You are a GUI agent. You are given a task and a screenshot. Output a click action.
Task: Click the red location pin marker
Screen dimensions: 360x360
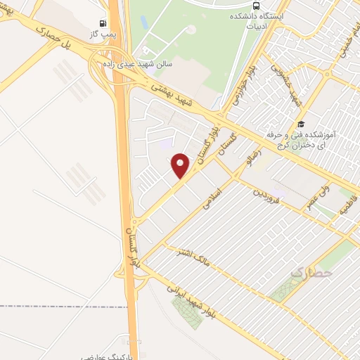click(x=181, y=165)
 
